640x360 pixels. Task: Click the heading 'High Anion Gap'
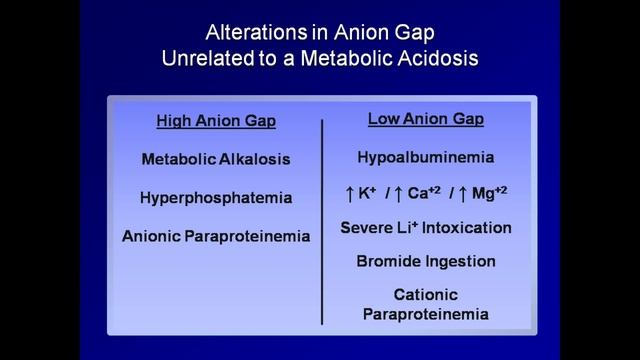(x=215, y=122)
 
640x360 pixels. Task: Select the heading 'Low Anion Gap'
(x=426, y=119)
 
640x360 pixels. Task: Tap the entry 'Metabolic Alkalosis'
(x=215, y=159)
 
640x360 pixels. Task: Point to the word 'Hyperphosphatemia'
(x=215, y=198)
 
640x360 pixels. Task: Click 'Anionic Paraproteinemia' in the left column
(x=216, y=237)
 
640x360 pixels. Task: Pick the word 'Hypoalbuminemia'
(x=426, y=157)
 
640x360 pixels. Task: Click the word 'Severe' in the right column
(x=369, y=228)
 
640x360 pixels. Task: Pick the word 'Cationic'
(x=426, y=296)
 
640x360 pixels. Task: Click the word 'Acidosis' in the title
(x=441, y=57)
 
